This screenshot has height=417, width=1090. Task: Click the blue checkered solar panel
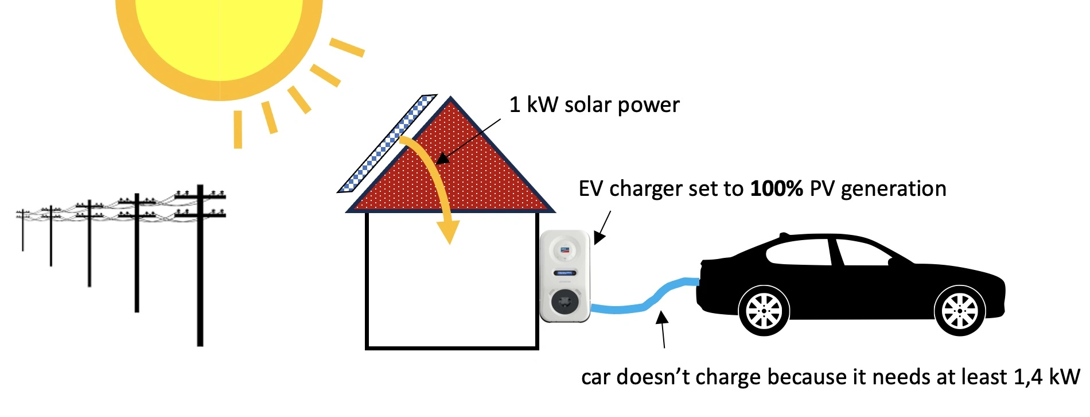(x=388, y=144)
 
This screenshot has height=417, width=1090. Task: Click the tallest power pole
(x=200, y=264)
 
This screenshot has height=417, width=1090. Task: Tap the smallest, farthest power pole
(x=23, y=230)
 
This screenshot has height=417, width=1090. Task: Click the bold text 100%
(x=776, y=189)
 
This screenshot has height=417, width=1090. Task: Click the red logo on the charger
(x=565, y=249)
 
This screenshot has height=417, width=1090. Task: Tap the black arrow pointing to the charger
(x=602, y=227)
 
